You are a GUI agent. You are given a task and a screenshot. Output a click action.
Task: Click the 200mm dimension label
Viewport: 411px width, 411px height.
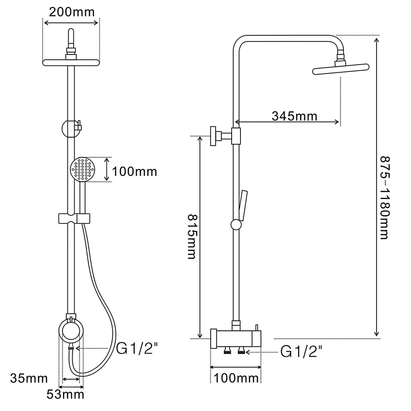tap(71, 12)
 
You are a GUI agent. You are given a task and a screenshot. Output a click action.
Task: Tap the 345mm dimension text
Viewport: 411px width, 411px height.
tap(294, 116)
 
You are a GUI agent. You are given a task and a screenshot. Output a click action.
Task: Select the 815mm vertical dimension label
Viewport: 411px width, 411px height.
tap(192, 237)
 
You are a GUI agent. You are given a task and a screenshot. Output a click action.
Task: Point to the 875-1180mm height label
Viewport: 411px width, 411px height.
tap(385, 198)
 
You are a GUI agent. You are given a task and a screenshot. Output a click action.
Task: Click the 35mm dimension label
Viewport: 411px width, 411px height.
tap(29, 378)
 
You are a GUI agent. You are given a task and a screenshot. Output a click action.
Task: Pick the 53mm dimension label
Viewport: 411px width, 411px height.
tap(65, 394)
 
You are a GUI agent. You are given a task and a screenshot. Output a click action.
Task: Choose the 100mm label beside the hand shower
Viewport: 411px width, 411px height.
tap(134, 172)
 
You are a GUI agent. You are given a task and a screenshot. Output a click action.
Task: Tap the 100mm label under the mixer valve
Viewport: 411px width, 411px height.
tap(236, 378)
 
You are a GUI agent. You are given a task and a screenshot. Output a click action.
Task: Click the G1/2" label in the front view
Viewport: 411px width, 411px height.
tap(137, 348)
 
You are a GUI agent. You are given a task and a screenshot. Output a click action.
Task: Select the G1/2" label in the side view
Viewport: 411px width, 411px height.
tap(301, 352)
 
